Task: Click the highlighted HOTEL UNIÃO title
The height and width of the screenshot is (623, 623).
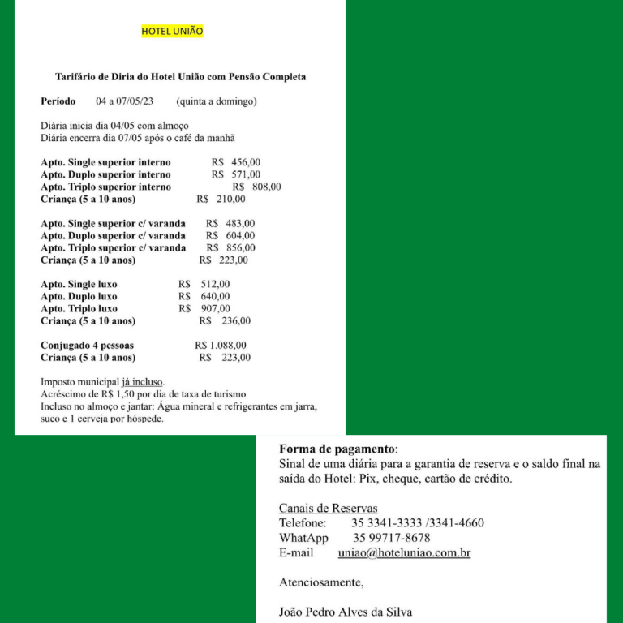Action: (x=172, y=32)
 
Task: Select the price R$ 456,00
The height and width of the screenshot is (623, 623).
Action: (x=236, y=162)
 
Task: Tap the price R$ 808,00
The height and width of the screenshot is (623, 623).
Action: (x=256, y=187)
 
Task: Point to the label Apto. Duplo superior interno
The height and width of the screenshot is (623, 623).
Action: (x=105, y=174)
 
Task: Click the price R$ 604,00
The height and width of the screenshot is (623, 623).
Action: (x=230, y=236)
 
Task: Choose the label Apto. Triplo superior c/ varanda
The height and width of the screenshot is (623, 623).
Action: (x=113, y=248)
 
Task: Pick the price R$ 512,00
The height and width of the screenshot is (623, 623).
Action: (x=204, y=285)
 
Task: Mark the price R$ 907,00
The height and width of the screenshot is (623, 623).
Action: (x=204, y=309)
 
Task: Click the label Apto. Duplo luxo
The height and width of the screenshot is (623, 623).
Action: (x=79, y=297)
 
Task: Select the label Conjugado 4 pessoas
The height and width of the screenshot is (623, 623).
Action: (x=87, y=346)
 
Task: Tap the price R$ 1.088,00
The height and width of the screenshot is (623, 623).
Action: (x=221, y=346)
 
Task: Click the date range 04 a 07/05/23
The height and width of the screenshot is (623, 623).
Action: (x=124, y=102)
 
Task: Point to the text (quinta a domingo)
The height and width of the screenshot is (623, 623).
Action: (x=216, y=102)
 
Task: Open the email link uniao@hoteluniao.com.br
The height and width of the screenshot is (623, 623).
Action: (x=404, y=553)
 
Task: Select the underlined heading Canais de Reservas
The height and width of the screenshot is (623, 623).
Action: (x=328, y=509)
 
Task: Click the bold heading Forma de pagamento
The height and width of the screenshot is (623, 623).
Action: (x=338, y=449)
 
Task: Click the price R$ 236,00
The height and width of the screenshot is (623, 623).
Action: (x=225, y=321)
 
